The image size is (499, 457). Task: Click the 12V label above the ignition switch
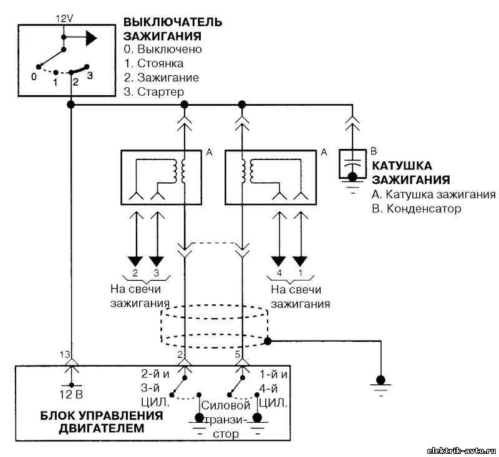pos(65,19)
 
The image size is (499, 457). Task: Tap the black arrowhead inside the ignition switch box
pos(91,38)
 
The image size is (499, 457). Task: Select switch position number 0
pos(34,77)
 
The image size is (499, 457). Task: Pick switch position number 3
pos(90,75)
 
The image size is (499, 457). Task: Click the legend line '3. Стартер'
pos(154,92)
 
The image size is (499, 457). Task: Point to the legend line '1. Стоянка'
pos(153,64)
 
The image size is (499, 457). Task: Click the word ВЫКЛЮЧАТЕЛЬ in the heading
pos(173,22)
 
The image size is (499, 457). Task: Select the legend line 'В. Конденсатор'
pos(417,209)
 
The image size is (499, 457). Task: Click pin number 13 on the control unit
pos(65,354)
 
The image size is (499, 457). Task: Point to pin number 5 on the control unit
pos(238,354)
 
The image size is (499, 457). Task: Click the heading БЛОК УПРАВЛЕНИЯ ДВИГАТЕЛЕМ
pos(102,422)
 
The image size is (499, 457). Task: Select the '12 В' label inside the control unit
pos(71,395)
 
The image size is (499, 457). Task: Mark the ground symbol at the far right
pos(380,384)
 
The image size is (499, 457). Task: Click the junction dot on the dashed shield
pos(268,341)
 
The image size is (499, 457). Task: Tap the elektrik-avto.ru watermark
pos(460,451)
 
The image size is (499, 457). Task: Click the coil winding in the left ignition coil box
pos(179,171)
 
